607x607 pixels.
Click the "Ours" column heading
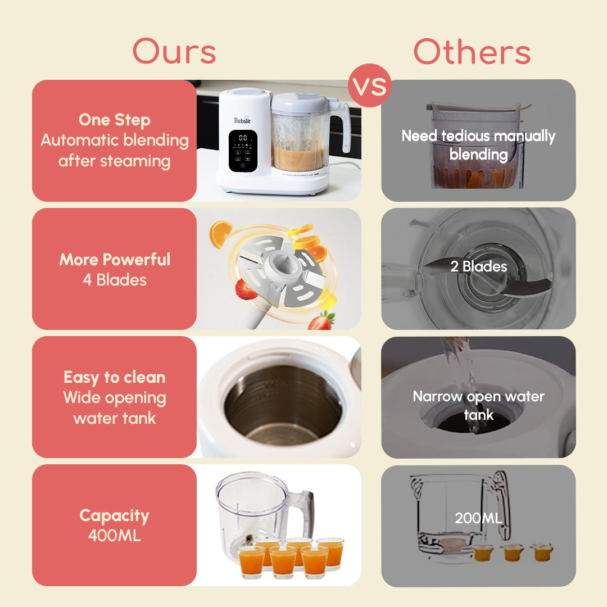pyautogui.click(x=174, y=52)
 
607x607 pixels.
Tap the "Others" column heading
pyautogui.click(x=472, y=52)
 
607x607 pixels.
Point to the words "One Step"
pyautogui.click(x=115, y=120)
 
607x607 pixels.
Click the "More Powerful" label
pyautogui.click(x=115, y=259)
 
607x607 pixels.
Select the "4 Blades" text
pyautogui.click(x=115, y=279)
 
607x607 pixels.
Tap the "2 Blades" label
pyautogui.click(x=478, y=266)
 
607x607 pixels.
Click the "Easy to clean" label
pyautogui.click(x=115, y=377)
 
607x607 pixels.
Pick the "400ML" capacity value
pyautogui.click(x=115, y=536)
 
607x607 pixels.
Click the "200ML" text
pyautogui.click(x=478, y=518)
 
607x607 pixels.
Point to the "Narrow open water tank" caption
pyautogui.click(x=478, y=405)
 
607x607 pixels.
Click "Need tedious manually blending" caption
pyautogui.click(x=478, y=145)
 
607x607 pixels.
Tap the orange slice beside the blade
pyautogui.click(x=220, y=234)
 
